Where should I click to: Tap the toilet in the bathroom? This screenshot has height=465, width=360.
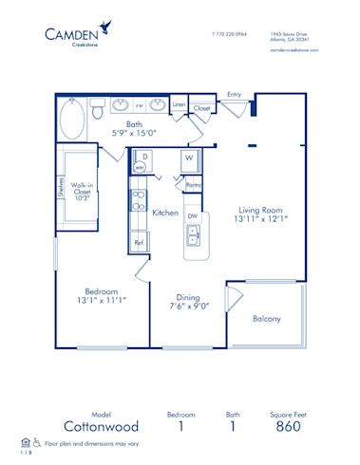click(98, 112)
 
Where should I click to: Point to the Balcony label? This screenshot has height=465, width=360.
click(267, 319)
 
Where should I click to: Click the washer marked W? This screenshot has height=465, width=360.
click(190, 157)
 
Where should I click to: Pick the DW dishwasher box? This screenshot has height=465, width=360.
click(193, 216)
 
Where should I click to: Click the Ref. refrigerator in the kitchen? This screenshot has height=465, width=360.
click(139, 243)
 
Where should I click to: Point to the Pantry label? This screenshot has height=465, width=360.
click(193, 185)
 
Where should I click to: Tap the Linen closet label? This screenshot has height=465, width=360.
click(180, 106)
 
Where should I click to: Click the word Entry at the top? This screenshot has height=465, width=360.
click(235, 95)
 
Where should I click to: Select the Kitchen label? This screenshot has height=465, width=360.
click(165, 214)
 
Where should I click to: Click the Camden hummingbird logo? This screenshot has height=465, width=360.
click(104, 28)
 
